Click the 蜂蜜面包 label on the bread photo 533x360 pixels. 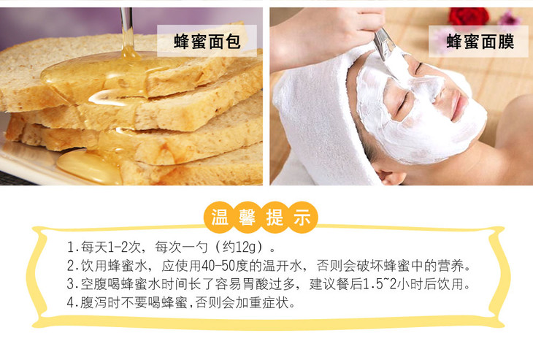coord(207,42)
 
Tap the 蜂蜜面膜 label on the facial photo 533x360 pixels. coord(480,42)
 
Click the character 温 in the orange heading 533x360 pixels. coord(220,217)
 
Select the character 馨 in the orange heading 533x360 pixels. coord(247,217)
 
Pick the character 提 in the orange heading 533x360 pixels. coord(275,217)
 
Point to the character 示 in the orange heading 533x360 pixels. coord(302,217)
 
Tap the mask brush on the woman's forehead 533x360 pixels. coord(385,45)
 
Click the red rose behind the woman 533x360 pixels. coord(469,16)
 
